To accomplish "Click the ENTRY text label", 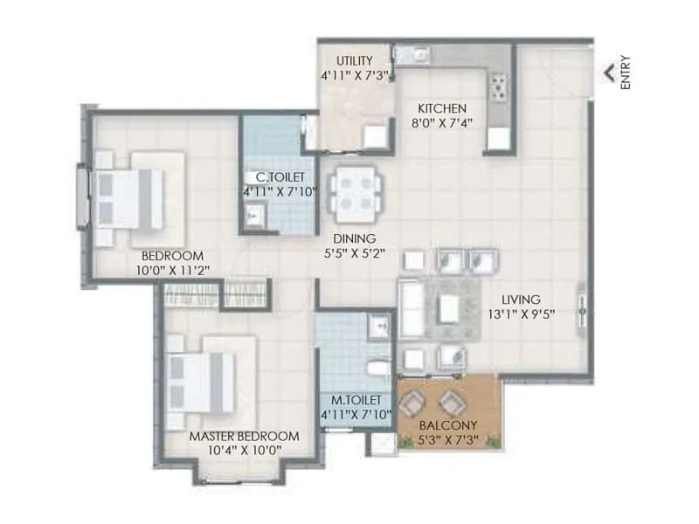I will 625,73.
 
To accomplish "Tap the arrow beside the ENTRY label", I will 609,74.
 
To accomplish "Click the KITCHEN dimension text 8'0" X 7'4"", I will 441,122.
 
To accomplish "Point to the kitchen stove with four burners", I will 500,85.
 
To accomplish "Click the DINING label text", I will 353,238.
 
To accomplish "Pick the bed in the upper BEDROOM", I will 131,198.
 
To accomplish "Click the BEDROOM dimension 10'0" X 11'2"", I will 172,271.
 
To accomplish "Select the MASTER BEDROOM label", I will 244,436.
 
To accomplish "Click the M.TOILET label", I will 354,400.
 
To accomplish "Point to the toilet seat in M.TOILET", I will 378,368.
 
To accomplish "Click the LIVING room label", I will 521,298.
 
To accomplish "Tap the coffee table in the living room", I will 448,308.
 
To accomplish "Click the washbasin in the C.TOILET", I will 254,216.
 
